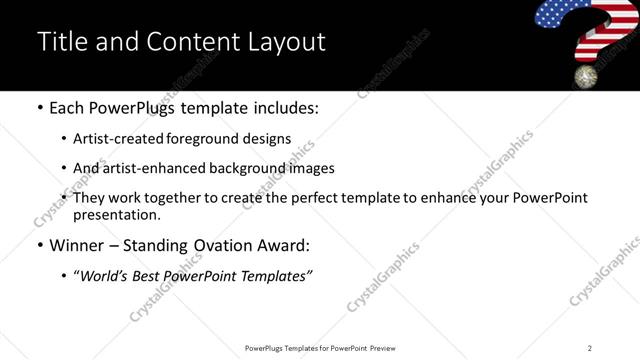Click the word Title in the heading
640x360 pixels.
coord(60,41)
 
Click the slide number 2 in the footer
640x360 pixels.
coord(589,348)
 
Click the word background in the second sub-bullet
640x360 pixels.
coord(231,168)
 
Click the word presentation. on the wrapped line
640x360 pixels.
coord(116,214)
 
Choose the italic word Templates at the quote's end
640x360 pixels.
coord(278,276)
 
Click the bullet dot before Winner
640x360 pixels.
coord(39,245)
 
